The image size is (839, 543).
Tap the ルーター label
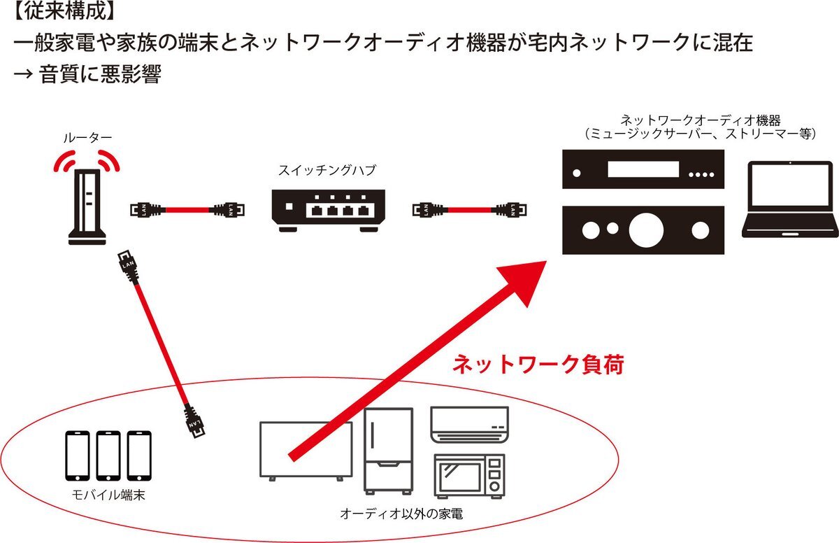tap(87, 138)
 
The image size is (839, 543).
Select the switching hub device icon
tap(329, 211)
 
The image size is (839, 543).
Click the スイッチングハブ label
tap(327, 171)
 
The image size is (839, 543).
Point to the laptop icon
tap(789, 199)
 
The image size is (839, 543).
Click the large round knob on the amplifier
tap(646, 230)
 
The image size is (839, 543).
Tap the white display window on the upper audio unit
tap(643, 169)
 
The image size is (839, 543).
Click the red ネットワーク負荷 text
tap(538, 365)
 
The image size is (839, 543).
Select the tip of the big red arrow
tap(547, 262)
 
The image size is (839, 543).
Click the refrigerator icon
tap(389, 451)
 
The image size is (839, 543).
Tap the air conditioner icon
tap(470, 425)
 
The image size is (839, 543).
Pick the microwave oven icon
tap(470, 476)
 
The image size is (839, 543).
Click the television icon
tap(306, 451)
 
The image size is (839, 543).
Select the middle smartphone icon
tap(108, 456)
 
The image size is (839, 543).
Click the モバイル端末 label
tap(108, 495)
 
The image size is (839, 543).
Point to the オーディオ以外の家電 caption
tap(401, 514)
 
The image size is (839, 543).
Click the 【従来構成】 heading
tap(64, 11)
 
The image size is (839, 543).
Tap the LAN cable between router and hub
tap(187, 210)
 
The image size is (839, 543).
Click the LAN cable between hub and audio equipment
tap(469, 210)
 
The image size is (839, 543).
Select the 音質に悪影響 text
tap(100, 74)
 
